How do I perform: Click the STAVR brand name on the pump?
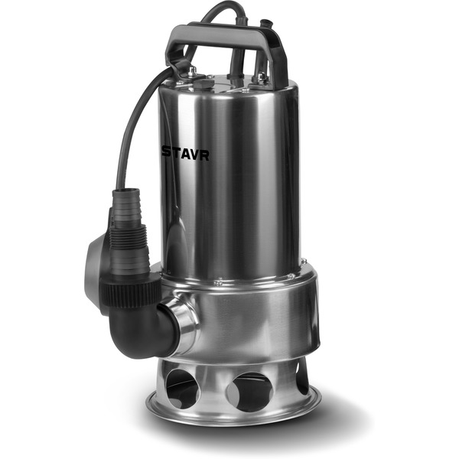[x=186, y=154]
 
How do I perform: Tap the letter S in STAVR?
[x=167, y=152]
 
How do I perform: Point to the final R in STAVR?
[x=204, y=155]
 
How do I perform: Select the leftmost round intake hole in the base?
[x=182, y=388]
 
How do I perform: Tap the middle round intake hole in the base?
[x=250, y=392]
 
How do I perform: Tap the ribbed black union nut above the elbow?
[x=130, y=289]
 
